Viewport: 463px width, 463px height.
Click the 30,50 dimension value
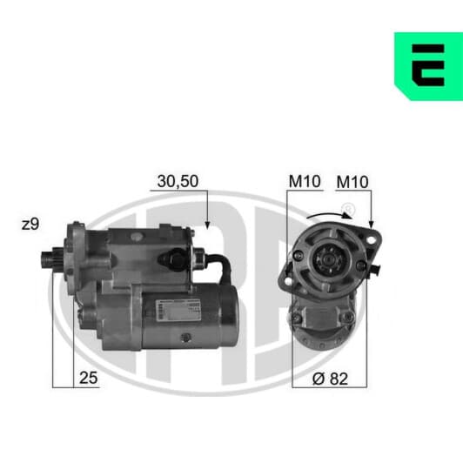[x=178, y=181]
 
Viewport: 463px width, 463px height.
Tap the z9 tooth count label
[x=30, y=225]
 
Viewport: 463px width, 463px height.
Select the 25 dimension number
[x=88, y=378]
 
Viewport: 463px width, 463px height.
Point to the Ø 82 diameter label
[x=330, y=379]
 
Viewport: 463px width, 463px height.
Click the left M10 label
[x=305, y=181]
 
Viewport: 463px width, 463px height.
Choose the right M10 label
[x=352, y=182]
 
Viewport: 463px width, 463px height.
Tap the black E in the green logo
[x=428, y=65]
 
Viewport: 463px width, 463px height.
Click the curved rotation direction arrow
[x=329, y=215]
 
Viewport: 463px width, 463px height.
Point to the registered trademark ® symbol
[x=347, y=209]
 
